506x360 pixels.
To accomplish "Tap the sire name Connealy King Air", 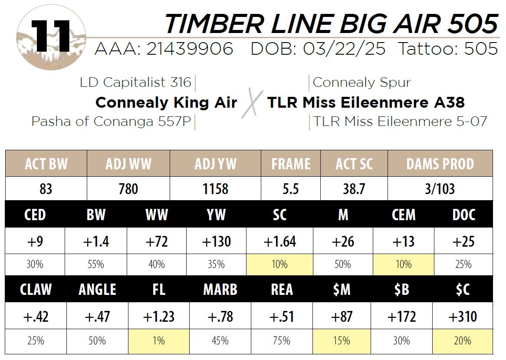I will tap(166, 103).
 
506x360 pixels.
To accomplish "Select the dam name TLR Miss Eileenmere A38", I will tap(366, 103).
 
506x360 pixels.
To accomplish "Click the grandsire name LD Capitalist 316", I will tap(135, 82).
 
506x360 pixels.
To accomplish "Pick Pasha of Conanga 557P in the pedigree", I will tap(111, 122).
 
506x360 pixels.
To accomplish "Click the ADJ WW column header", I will tap(128, 164).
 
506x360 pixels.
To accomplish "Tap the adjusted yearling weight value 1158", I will tap(215, 189).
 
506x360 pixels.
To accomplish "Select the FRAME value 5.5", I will tap(290, 189).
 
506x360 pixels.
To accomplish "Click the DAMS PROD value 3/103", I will tap(440, 189).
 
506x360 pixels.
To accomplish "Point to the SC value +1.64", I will tap(279, 241).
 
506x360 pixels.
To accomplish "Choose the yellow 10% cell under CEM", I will tap(403, 264).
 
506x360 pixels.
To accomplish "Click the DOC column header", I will tap(463, 215).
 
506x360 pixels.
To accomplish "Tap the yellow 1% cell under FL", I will tap(159, 340).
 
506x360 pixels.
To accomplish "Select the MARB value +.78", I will tap(220, 317).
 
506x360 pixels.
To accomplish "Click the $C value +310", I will tap(463, 317).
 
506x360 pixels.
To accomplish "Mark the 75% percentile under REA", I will tap(281, 340).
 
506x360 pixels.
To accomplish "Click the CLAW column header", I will tap(35, 290).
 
